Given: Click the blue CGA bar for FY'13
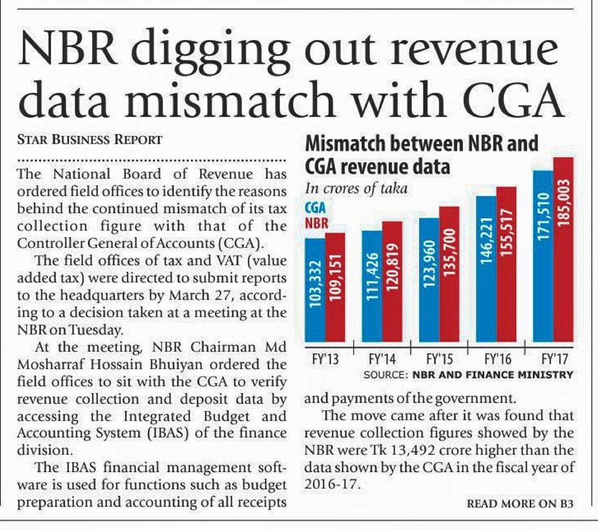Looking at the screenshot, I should [314, 290].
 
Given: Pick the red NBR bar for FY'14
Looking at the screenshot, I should [392, 281].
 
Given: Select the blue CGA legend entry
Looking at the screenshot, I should [314, 209].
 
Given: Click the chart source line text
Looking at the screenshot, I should [468, 374].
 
